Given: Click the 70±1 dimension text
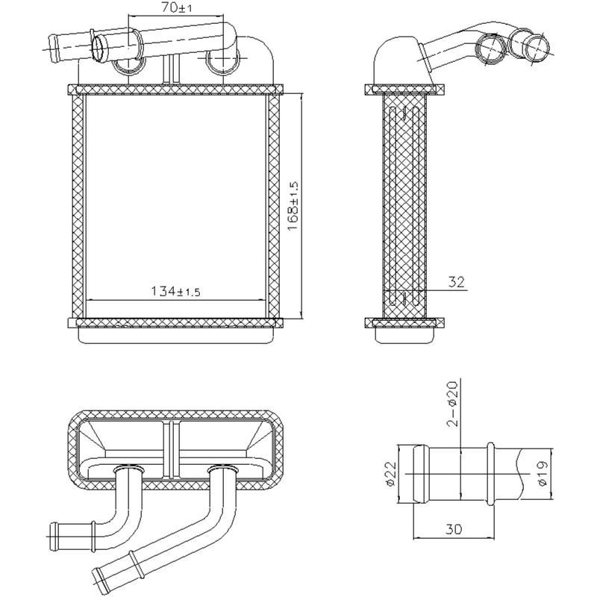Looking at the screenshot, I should coord(177,8).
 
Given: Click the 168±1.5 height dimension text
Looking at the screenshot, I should coord(293,206).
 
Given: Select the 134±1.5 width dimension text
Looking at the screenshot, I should coord(177,291).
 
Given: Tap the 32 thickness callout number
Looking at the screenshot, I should coord(457,282).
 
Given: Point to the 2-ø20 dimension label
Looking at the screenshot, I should coord(451,403).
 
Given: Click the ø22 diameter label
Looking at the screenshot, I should coord(391,475).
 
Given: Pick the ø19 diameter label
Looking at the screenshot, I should coord(543,473).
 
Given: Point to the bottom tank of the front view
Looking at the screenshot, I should coord(176,337).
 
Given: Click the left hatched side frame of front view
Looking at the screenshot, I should coord(78,206).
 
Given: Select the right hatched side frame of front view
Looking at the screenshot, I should coord(274,206).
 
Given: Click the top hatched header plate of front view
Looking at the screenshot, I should coord(176,90).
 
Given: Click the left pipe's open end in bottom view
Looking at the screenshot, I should coord(52,533).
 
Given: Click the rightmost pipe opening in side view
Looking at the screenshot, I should coord(535,46).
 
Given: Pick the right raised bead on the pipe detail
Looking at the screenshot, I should coord(490,475).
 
